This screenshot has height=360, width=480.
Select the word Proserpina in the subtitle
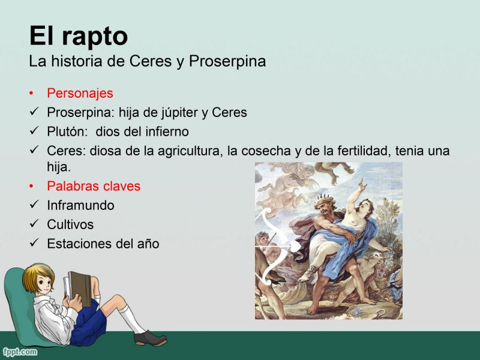(227, 62)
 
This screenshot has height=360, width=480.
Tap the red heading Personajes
(80, 94)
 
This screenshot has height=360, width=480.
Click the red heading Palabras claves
(94, 186)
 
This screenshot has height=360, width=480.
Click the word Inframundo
(80, 205)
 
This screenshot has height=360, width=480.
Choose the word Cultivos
(70, 224)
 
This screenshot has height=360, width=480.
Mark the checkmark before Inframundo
(34, 203)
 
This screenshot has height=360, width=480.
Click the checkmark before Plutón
(34, 130)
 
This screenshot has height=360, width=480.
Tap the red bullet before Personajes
(31, 93)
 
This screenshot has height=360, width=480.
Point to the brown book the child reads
(80, 289)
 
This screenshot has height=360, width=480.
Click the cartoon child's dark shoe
(150, 338)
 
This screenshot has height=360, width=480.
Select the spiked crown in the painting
(325, 199)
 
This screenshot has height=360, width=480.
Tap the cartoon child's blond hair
(37, 275)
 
